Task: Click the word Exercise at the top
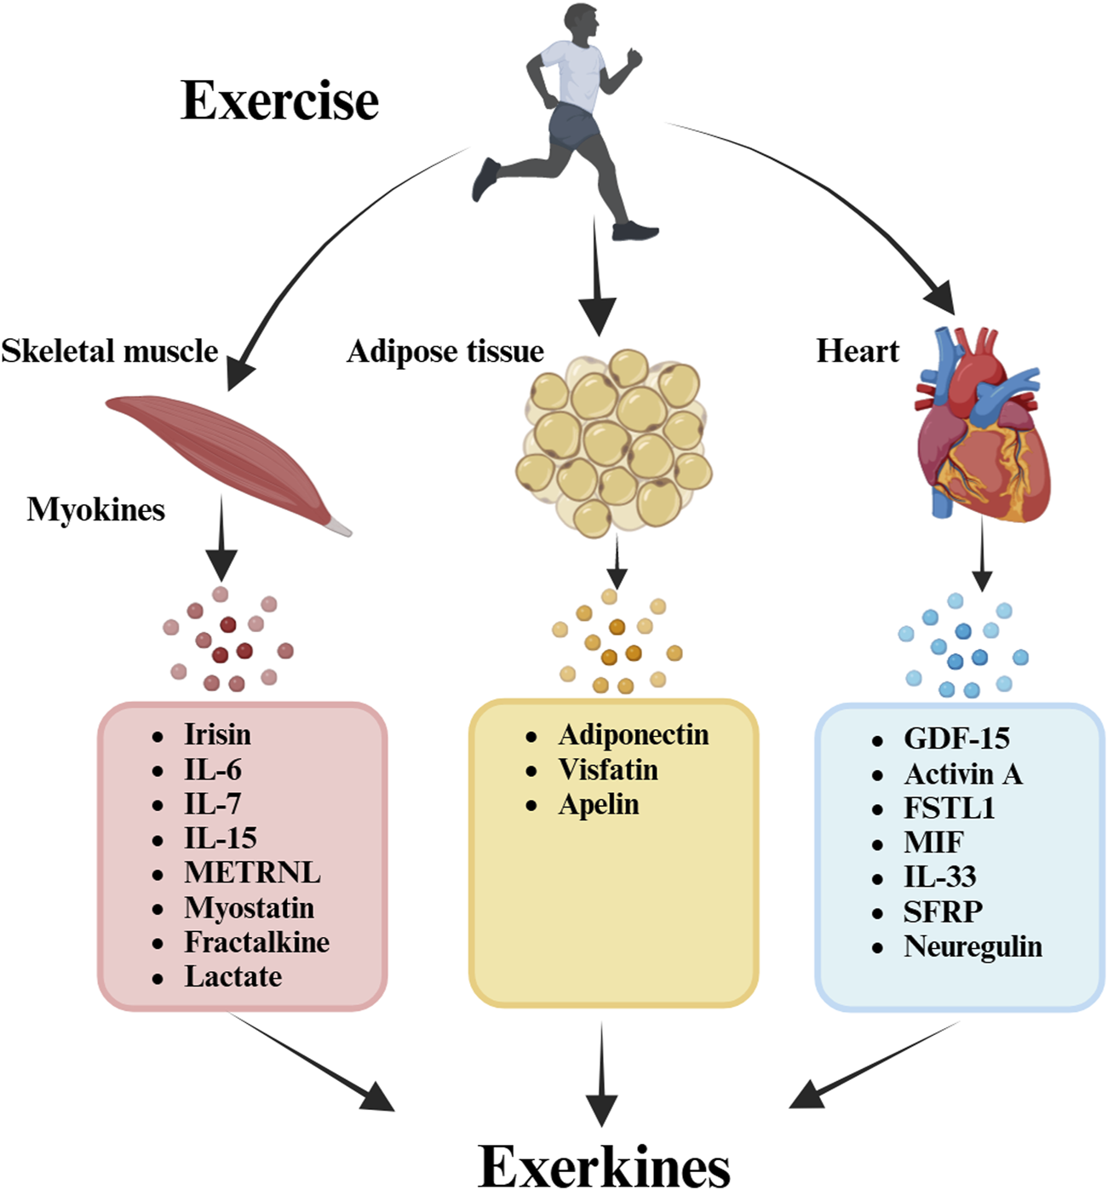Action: (279, 101)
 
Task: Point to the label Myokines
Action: (95, 509)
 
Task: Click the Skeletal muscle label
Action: (109, 351)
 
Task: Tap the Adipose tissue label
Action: (445, 351)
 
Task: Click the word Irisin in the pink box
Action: (217, 734)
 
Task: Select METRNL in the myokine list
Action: (252, 872)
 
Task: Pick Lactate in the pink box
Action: (233, 976)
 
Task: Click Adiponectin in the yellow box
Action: (633, 734)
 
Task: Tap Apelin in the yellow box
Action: (598, 804)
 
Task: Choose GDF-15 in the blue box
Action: (956, 739)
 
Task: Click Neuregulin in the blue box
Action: (973, 946)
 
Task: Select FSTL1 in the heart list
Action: (949, 808)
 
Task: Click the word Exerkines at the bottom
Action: (604, 1164)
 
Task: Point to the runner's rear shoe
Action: (486, 178)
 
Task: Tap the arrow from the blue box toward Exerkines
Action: (877, 1065)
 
